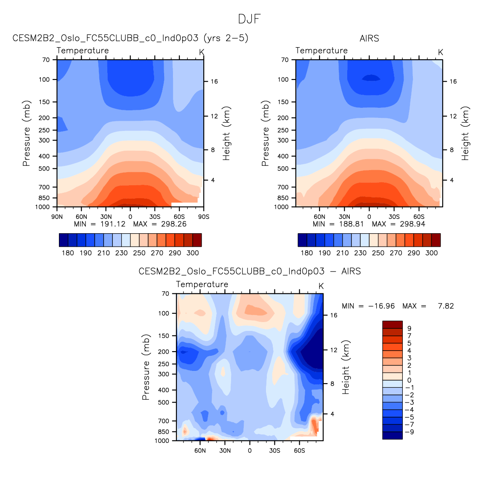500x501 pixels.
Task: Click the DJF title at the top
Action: point(250,19)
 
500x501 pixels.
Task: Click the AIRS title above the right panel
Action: point(369,38)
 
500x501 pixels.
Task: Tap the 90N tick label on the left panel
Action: point(57,217)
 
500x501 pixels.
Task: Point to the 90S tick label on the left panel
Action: point(204,217)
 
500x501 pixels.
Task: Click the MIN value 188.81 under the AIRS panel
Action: point(351,224)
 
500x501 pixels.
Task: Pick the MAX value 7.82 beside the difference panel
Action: point(446,306)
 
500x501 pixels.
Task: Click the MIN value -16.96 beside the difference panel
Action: point(381,306)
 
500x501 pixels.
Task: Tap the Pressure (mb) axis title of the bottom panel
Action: point(146,367)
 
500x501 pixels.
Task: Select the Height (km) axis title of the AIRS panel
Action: point(465,133)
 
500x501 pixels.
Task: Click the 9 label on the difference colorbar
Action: point(409,328)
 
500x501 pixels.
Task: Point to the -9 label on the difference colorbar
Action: point(409,432)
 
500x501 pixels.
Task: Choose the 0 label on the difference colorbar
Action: point(409,380)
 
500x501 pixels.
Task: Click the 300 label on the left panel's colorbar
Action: point(193,253)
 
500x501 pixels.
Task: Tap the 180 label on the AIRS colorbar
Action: point(307,253)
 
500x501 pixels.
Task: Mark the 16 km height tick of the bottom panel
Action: point(334,315)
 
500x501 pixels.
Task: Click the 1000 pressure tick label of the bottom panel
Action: point(162,441)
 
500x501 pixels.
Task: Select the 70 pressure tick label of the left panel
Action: point(46,60)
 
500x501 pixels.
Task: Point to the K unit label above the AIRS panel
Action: point(441,52)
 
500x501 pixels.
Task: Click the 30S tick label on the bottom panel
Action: point(274,451)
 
